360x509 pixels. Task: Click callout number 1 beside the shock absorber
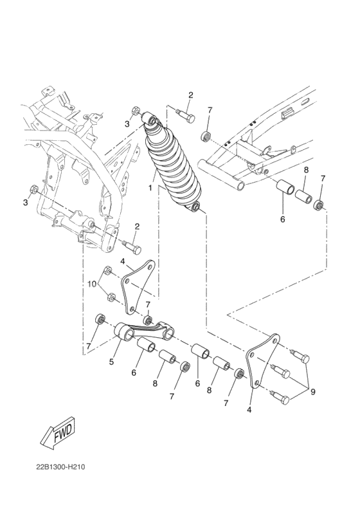[150, 189]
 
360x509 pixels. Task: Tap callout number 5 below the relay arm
[111, 362]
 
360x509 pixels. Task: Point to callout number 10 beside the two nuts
[92, 283]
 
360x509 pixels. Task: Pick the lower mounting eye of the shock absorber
[197, 207]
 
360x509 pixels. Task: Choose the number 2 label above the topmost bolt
[190, 95]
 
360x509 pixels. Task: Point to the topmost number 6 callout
[282, 219]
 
